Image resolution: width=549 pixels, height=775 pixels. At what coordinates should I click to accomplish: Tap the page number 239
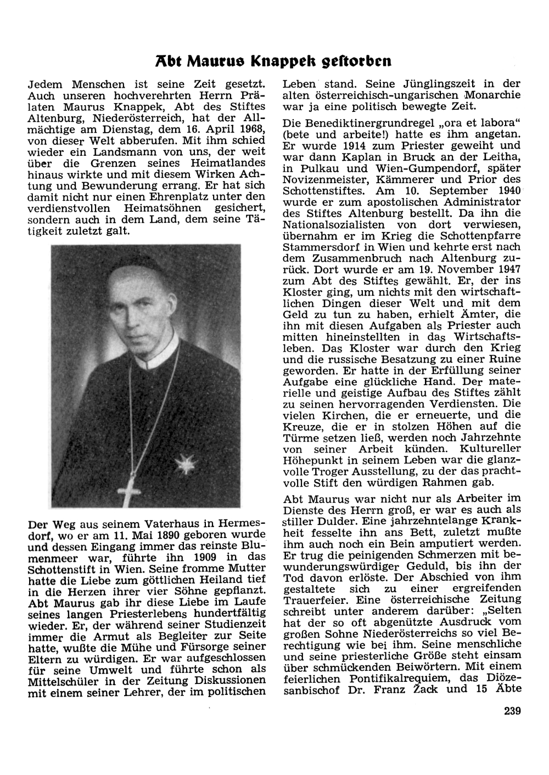(511, 711)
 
